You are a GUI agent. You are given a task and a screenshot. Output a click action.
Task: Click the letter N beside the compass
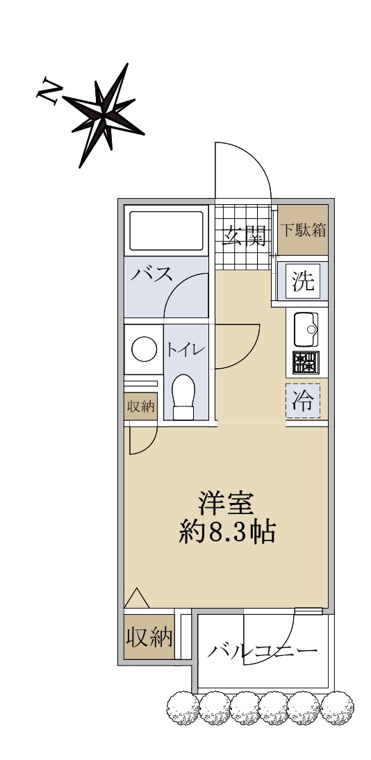[49, 90]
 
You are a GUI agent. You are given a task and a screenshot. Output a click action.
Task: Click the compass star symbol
[104, 115]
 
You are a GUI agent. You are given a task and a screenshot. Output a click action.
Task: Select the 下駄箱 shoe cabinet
[304, 230]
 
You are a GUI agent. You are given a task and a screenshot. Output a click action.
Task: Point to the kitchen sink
[306, 329]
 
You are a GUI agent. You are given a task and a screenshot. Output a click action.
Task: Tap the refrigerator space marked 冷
[303, 401]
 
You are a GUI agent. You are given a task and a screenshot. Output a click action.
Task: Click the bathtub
[166, 230]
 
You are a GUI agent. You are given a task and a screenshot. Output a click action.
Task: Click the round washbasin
[144, 349]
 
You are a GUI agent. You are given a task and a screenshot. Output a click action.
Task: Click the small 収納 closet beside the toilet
[140, 406]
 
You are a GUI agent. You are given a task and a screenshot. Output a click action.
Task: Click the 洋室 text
[226, 504]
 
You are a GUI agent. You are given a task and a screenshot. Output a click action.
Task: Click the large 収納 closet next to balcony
[149, 637]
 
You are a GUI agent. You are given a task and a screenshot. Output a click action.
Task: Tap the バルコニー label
[263, 650]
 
